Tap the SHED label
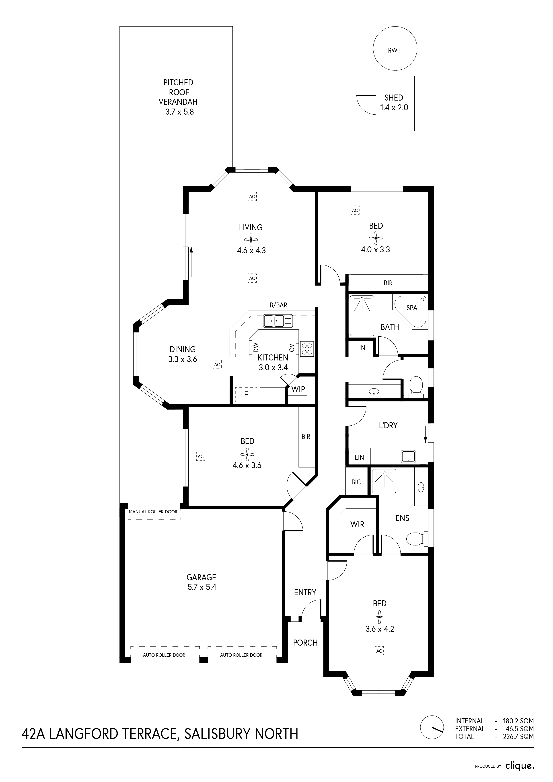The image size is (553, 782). point(394,98)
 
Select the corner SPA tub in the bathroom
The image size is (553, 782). point(410,312)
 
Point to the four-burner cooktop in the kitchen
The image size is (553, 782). point(307,349)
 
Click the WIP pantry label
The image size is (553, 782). point(298,389)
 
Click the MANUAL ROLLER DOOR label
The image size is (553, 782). point(153,512)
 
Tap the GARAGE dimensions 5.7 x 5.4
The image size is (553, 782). point(202,587)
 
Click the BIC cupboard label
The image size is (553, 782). point(356,482)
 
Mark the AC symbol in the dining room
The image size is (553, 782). point(217,364)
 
